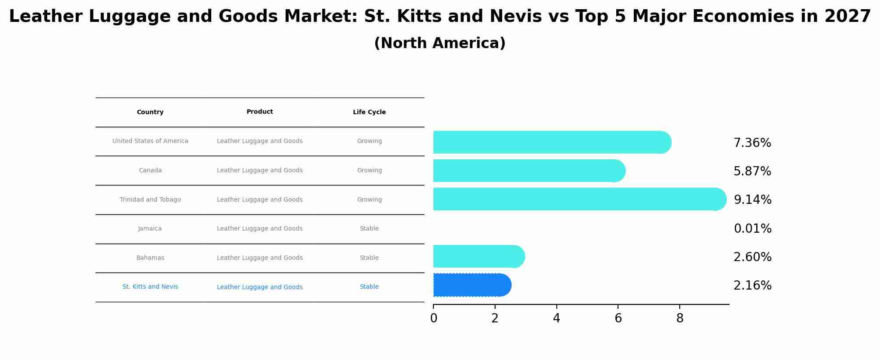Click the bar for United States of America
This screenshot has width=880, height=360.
(552, 142)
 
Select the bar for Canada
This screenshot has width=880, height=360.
(529, 171)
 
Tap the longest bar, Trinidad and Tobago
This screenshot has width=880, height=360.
(580, 199)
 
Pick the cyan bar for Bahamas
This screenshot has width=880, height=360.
(479, 256)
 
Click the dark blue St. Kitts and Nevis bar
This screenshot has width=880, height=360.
(472, 285)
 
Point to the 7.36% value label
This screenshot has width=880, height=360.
(752, 143)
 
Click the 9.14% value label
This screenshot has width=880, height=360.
(752, 200)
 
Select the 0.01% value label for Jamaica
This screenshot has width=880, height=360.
(752, 229)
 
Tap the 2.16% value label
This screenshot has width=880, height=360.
(752, 286)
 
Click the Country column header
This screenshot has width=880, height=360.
(150, 112)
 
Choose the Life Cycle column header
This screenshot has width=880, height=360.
(369, 112)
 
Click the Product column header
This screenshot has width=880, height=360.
(260, 112)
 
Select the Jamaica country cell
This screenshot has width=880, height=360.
(150, 229)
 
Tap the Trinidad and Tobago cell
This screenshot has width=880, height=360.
(150, 200)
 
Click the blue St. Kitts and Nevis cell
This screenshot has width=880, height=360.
(150, 287)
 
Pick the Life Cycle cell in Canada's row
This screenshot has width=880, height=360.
(369, 171)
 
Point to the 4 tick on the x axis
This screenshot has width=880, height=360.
(556, 318)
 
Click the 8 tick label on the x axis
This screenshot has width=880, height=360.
(680, 318)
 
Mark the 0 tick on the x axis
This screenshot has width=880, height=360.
(433, 318)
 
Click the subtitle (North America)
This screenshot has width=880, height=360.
(440, 43)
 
